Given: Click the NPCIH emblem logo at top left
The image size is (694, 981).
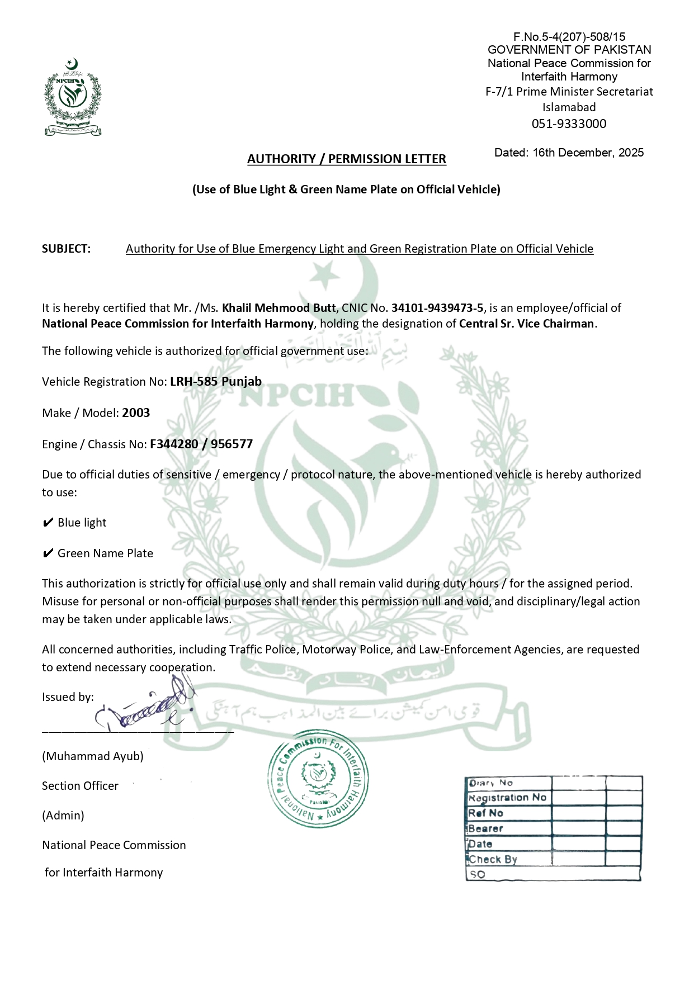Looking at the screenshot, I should (73, 97).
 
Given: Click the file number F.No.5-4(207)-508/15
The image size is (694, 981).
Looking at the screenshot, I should (569, 37).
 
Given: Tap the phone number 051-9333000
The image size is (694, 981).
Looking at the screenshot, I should (569, 124).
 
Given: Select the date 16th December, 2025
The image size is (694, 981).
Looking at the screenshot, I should (588, 153).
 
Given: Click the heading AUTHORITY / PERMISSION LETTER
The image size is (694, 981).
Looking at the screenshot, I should (346, 159).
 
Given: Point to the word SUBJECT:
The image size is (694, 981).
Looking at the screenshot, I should (66, 249).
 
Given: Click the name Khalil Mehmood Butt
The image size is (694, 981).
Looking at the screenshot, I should (278, 308).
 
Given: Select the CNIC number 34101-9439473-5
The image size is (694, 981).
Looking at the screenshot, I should (437, 308).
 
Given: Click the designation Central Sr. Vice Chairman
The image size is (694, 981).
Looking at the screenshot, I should (526, 324).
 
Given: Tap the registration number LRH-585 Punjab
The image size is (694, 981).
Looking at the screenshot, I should (216, 381).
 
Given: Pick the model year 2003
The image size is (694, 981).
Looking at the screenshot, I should (136, 413).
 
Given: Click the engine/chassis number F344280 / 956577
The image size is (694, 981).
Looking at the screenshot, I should (201, 444).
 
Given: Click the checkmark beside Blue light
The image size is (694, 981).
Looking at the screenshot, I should (48, 523).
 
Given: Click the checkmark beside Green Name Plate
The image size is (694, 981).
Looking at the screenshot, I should (48, 554).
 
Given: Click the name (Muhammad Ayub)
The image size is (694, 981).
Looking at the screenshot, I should (92, 756).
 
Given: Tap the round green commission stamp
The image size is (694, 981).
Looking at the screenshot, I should (318, 779).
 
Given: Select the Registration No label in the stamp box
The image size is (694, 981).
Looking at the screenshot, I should (507, 798).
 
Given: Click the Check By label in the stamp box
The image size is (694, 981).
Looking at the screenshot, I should (493, 860).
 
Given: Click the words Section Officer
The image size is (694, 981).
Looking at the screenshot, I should (80, 786).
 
